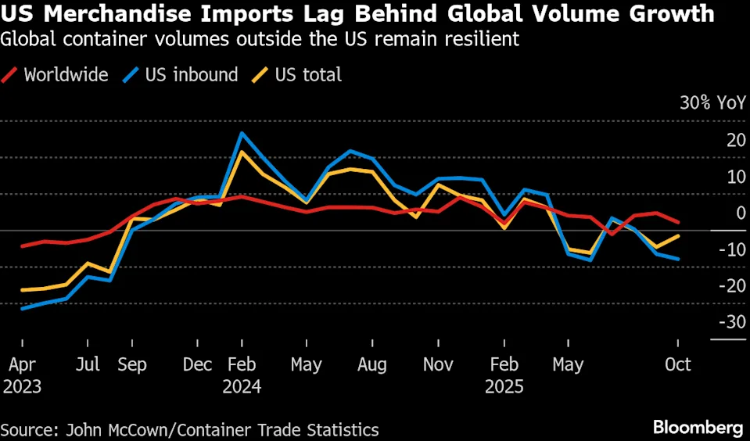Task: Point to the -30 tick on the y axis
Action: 732,321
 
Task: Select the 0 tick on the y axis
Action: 740,213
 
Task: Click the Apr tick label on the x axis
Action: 22,364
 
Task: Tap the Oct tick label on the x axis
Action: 677,364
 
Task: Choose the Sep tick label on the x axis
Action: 132,364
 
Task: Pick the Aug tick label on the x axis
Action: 371,364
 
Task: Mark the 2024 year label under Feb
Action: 241,386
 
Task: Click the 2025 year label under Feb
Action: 504,386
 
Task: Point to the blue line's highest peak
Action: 242,133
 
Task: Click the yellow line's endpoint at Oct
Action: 677,235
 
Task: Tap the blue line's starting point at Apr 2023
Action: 22,308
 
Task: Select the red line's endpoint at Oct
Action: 677,222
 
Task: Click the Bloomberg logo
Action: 698,428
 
